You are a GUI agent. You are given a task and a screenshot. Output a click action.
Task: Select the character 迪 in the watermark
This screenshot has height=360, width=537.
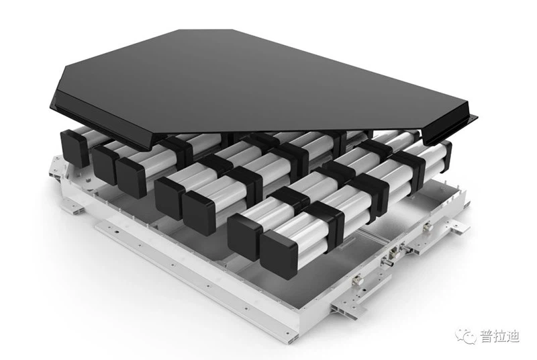click(x=516, y=336)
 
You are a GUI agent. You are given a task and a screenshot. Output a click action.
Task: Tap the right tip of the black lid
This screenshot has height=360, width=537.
click(x=475, y=120)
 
